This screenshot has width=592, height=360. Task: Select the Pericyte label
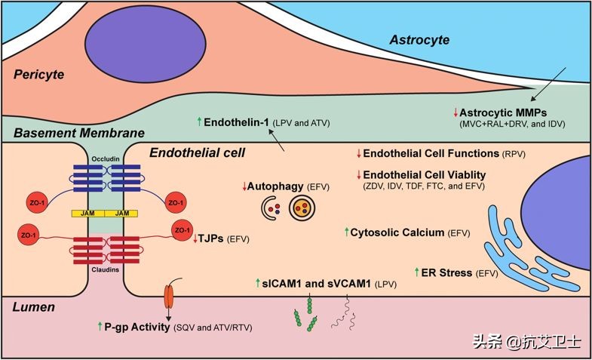click(39, 75)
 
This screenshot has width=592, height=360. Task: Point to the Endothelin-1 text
click(238, 122)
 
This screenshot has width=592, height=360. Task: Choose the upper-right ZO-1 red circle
click(175, 202)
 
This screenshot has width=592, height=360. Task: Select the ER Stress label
click(448, 272)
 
